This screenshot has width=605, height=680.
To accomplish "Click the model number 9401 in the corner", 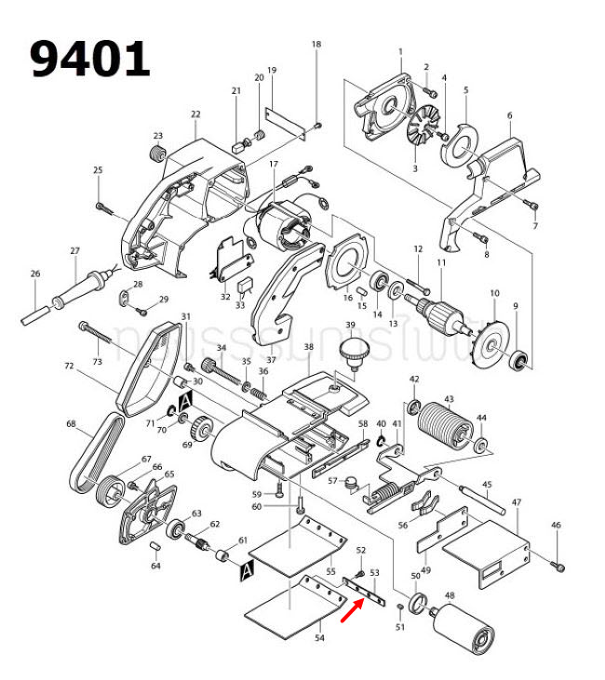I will pos(89,60).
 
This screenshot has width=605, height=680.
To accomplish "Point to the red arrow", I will pos(353,608).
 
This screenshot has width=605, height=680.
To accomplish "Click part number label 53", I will pos(374,573).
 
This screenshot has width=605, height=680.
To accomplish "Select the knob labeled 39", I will pos(352,353).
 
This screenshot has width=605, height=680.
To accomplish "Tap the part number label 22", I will pos(195,114).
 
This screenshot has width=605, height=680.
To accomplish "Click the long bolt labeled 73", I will pos(112,336).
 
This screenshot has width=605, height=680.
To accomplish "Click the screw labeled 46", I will pos(558,564).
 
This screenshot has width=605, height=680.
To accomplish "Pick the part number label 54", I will pos(319,638).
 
